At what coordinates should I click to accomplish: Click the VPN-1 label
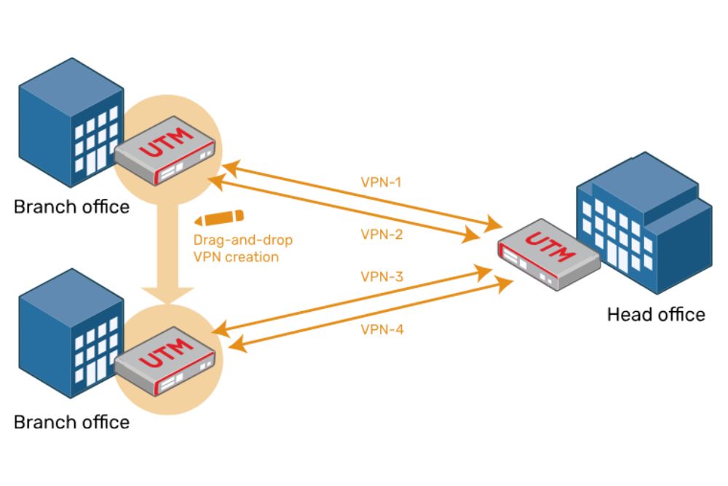pos(381,181)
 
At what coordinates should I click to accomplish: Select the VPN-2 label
pos(381,234)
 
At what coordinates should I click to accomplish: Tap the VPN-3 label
pos(382,276)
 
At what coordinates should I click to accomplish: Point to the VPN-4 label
pos(382,329)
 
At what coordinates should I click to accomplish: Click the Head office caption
pos(656,315)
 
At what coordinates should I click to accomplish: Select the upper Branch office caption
pos(71,207)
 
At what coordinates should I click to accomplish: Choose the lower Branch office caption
pos(71,422)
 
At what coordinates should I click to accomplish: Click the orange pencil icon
pos(219,217)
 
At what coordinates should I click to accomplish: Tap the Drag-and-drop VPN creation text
pos(243,248)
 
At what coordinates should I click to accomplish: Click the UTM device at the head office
pos(549,254)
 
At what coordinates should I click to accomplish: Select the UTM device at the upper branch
pos(165,150)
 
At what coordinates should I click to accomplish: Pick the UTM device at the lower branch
pos(165,361)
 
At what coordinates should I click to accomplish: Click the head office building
pos(645,223)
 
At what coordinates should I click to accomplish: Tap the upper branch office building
pos(71,122)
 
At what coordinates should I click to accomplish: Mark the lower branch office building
pos(71,333)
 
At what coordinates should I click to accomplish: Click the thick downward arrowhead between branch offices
pos(167,296)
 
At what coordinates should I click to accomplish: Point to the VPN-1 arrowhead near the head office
pos(493,224)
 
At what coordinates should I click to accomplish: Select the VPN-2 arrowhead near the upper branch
pos(216,181)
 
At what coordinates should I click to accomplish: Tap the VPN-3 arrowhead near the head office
pos(483,273)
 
